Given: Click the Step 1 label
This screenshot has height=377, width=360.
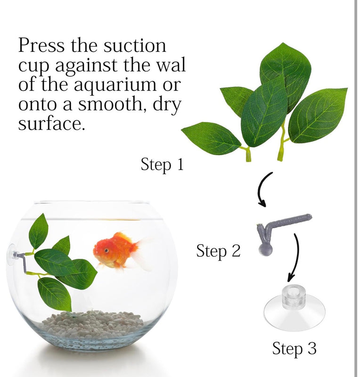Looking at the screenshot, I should [x=162, y=165].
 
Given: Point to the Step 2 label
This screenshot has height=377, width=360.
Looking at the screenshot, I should [x=218, y=251].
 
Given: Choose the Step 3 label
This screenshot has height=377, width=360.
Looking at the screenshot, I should [x=295, y=349].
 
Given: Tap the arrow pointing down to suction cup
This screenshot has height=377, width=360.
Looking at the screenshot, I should [x=295, y=257].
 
